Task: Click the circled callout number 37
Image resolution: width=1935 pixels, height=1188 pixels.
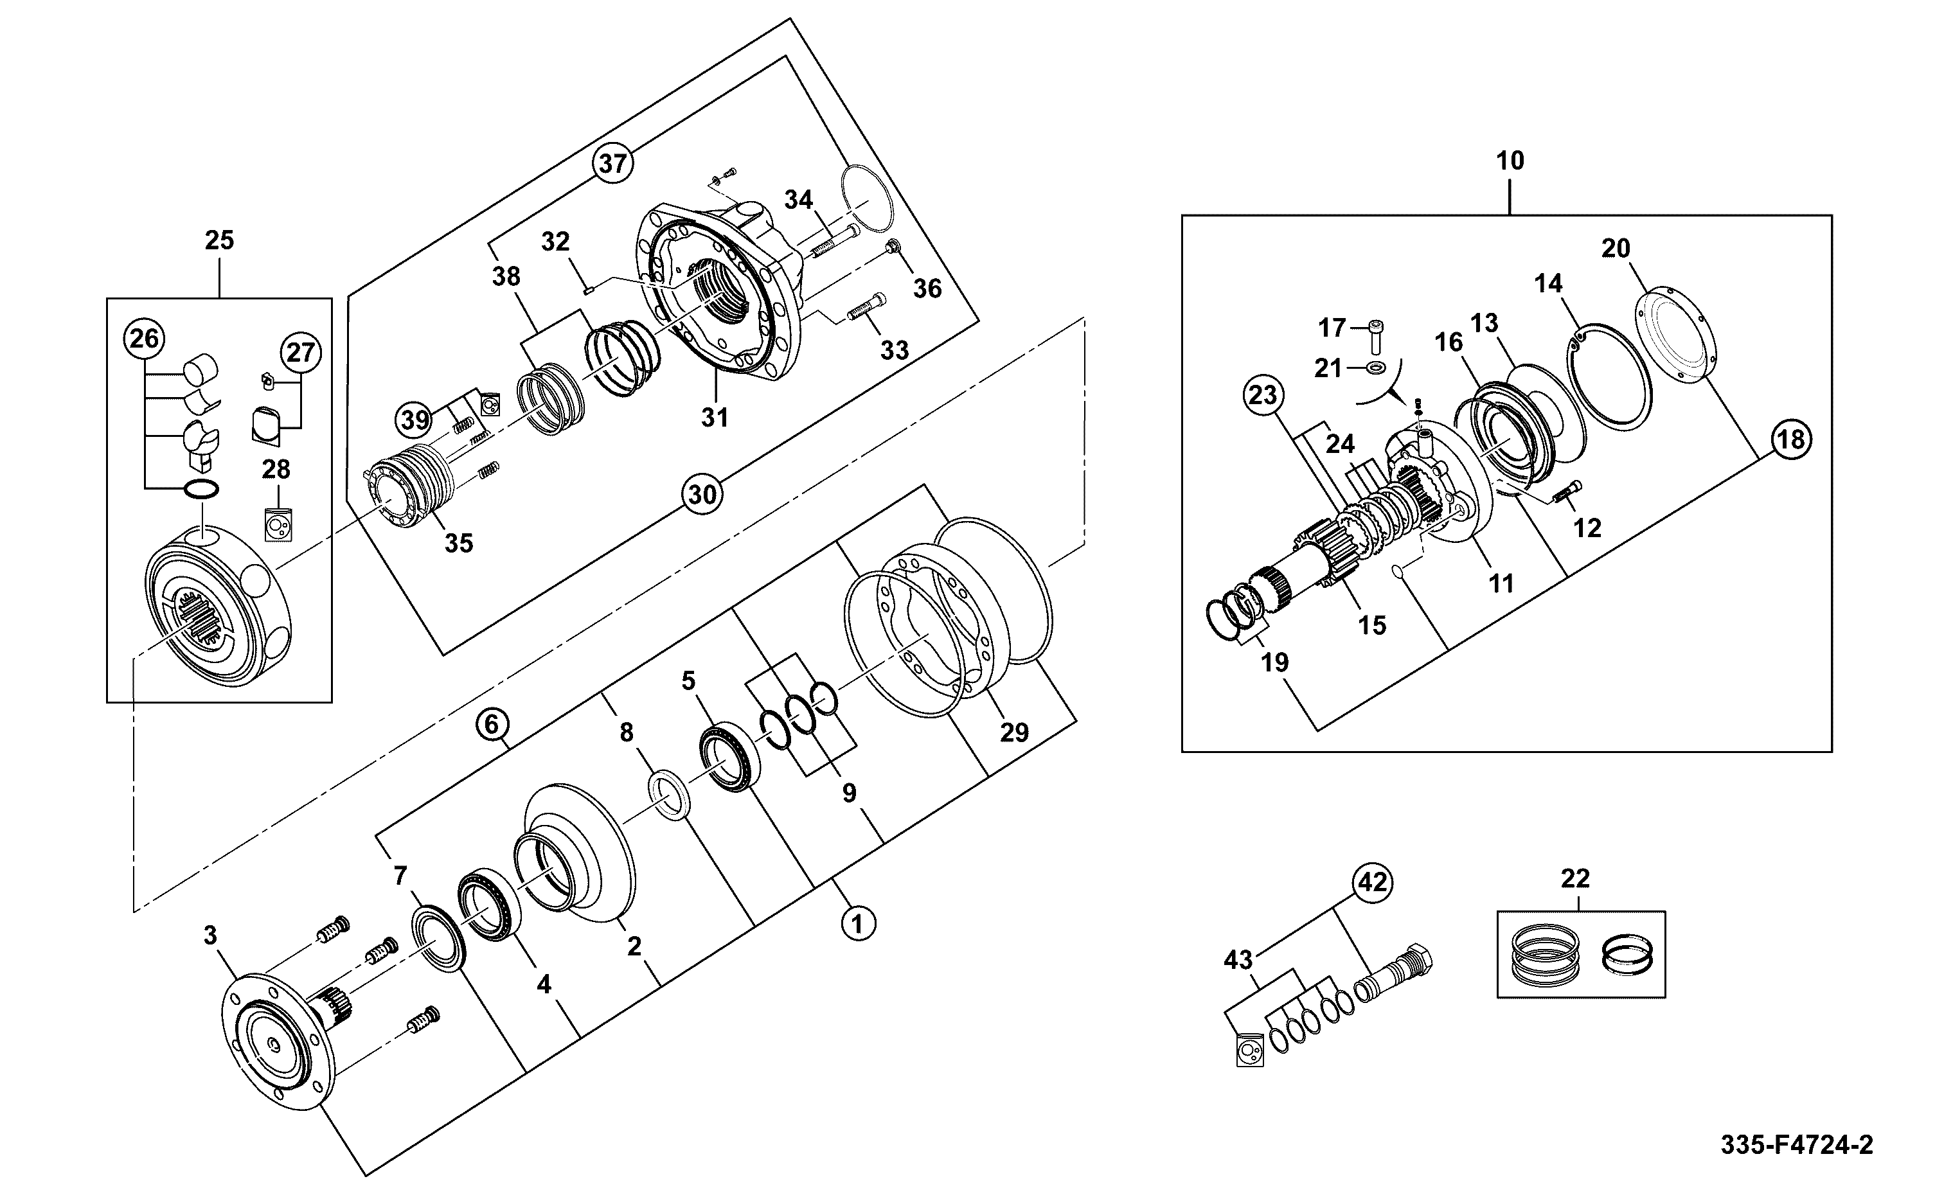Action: click(x=613, y=163)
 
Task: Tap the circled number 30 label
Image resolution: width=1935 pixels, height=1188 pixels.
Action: click(x=702, y=494)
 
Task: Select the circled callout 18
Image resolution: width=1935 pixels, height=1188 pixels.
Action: click(x=1791, y=439)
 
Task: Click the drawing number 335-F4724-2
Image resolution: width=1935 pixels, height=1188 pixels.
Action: click(x=1797, y=1145)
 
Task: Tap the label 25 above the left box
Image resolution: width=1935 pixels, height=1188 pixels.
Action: click(x=219, y=240)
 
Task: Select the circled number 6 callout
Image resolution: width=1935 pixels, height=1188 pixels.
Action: click(x=492, y=723)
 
